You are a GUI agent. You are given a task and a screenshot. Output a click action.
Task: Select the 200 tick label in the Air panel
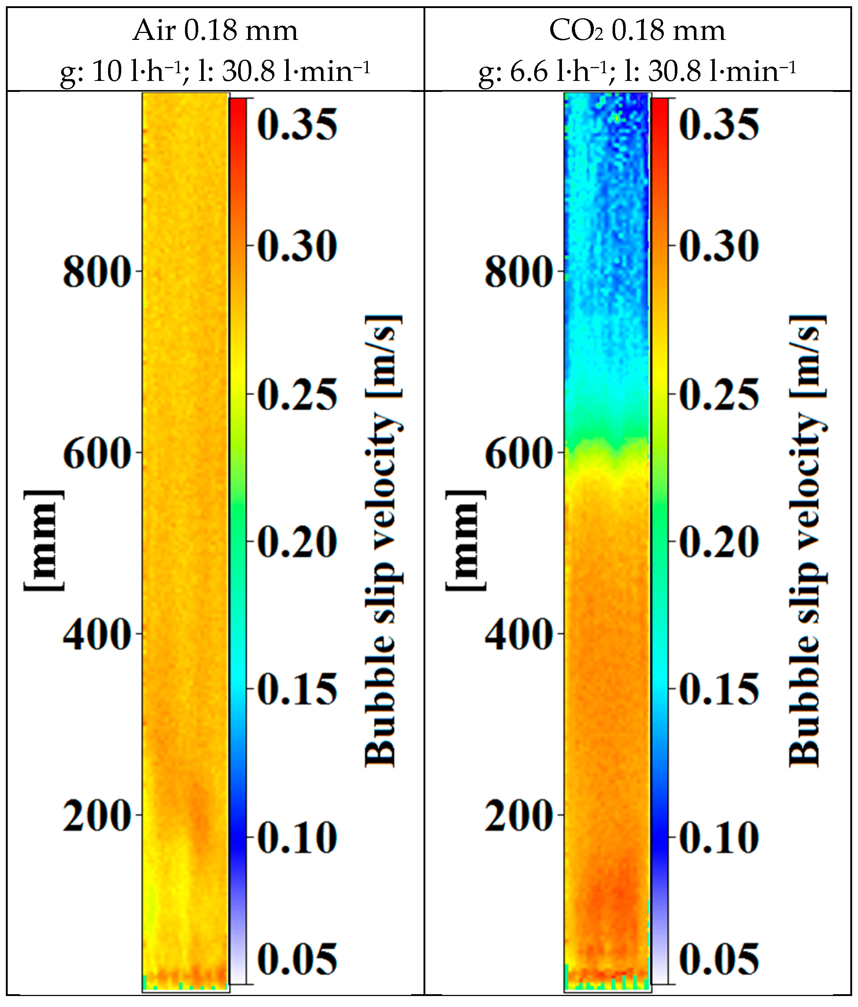(97, 816)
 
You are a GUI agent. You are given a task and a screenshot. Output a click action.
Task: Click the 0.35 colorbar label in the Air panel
(297, 125)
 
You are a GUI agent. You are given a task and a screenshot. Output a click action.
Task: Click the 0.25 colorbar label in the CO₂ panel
(718, 394)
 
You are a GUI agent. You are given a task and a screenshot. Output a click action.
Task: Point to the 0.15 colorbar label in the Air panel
(297, 689)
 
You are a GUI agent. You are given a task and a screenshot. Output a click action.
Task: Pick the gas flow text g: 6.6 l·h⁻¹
(543, 71)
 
